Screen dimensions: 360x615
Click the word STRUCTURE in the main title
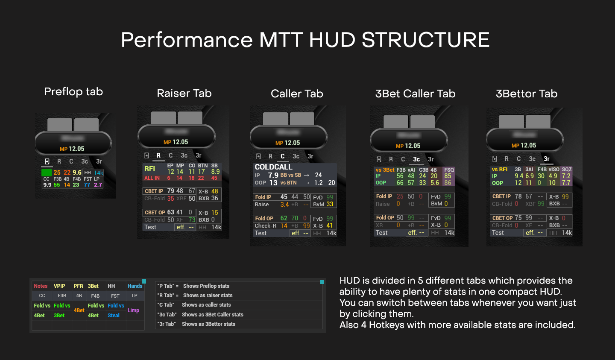point(425,40)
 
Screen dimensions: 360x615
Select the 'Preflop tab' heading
point(73,92)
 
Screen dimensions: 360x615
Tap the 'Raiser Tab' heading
point(184,94)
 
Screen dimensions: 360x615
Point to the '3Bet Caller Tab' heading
point(415,94)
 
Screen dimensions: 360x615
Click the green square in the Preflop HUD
point(47,173)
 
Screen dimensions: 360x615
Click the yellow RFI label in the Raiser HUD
point(150,169)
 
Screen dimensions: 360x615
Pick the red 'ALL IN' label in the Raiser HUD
point(152,178)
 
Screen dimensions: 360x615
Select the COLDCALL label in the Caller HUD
point(273,167)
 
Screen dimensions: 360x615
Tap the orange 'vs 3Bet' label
point(385,170)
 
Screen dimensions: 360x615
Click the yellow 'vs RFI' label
point(500,170)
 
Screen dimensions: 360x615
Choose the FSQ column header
point(449,170)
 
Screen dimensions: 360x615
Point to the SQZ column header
point(567,170)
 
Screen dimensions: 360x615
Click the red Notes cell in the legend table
point(41,286)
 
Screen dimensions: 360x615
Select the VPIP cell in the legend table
point(59,286)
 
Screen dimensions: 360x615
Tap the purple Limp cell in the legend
point(133,310)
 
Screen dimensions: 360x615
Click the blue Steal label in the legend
point(114,316)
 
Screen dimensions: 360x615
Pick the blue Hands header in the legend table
point(135,286)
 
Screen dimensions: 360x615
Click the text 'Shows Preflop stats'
point(206,286)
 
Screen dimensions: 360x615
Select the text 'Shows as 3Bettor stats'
point(208,324)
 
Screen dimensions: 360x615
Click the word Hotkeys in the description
point(387,325)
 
